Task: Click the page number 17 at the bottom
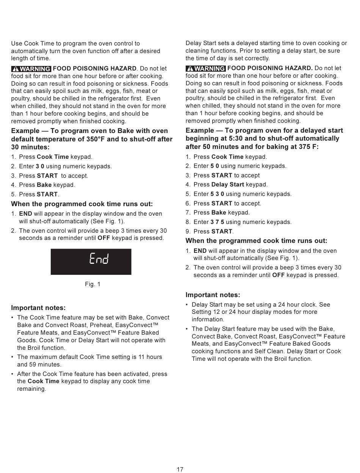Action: click(x=180, y=469)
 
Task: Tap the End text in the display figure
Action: click(x=99, y=259)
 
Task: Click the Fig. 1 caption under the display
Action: click(x=92, y=284)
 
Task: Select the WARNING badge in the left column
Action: click(x=31, y=69)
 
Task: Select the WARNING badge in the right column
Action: click(x=205, y=69)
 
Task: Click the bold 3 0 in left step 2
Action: click(x=40, y=166)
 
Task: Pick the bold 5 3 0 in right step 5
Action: click(x=217, y=194)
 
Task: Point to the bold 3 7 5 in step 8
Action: click(x=217, y=222)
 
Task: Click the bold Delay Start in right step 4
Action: click(x=228, y=185)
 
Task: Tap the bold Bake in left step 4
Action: click(x=44, y=185)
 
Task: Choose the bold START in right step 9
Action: click(x=222, y=232)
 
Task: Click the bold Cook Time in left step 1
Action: click(x=53, y=157)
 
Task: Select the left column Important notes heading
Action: click(x=38, y=308)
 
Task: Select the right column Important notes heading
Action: click(x=213, y=295)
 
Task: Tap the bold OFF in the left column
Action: click(x=104, y=238)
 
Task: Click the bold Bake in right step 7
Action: click(x=219, y=213)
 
